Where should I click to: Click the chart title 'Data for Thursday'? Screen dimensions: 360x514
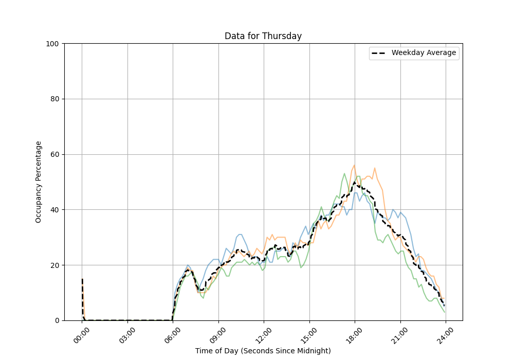263,37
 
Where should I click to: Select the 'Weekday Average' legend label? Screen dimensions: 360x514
424,53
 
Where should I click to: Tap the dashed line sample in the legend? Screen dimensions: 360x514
379,53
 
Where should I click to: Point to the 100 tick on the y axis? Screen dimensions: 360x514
52,44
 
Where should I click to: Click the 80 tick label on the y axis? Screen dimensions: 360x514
54,99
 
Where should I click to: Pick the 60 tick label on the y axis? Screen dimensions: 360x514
54,154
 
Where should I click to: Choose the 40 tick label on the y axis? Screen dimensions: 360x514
54,210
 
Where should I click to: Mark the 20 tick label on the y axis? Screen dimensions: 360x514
54,265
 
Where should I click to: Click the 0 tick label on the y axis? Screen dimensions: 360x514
56,320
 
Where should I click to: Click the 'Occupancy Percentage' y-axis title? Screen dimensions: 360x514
39,182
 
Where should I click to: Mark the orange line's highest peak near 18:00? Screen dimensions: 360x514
354,165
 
